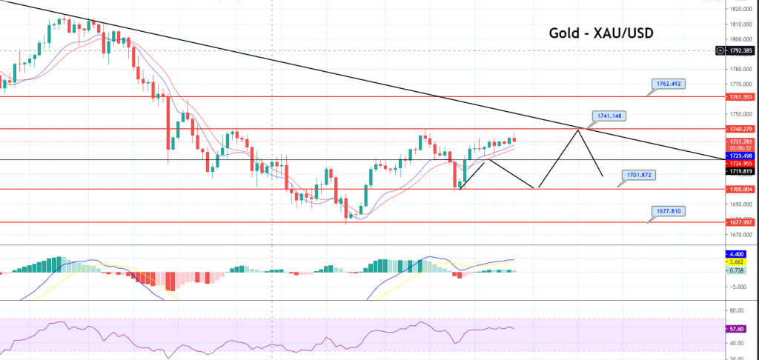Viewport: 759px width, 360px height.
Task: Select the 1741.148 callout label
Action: pyautogui.click(x=610, y=116)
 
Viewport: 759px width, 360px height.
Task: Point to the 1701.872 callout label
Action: pyautogui.click(x=640, y=175)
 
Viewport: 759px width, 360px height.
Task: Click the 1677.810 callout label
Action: pyautogui.click(x=672, y=211)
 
